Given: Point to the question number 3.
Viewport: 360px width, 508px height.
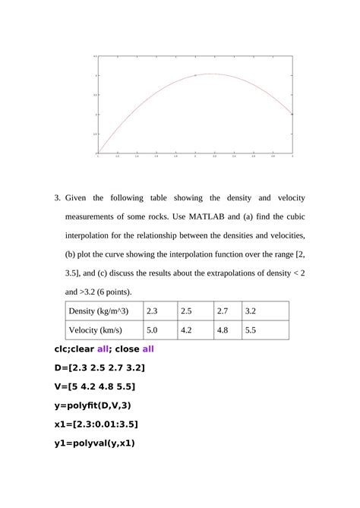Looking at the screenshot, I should [x=57, y=198].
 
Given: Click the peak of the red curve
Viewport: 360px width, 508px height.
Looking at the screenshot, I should [x=210, y=74].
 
